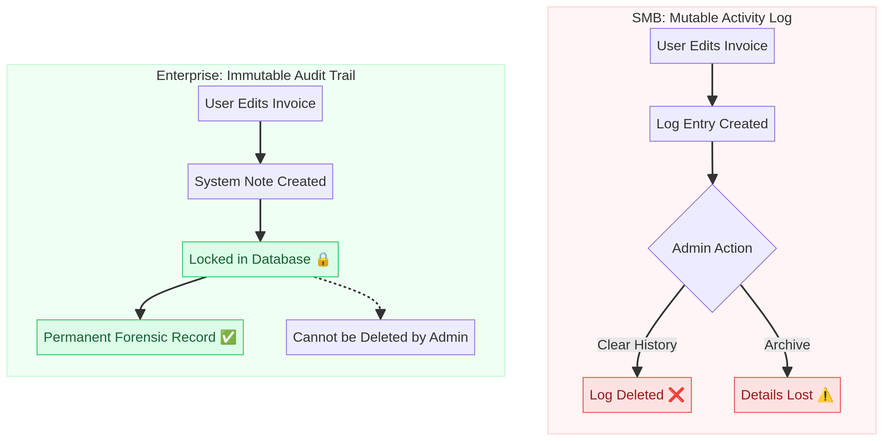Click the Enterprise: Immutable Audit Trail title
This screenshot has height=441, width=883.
(256, 75)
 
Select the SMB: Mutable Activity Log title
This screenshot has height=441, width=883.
(711, 18)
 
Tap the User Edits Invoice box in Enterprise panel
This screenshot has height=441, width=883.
(260, 103)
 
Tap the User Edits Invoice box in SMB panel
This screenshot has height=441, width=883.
(712, 46)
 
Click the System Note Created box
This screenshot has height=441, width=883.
(260, 181)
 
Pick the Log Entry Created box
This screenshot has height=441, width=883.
(712, 124)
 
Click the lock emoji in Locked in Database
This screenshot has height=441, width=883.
(323, 260)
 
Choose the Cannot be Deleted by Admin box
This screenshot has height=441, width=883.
(380, 337)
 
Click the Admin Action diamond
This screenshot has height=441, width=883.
(712, 248)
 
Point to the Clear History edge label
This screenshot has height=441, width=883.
(637, 345)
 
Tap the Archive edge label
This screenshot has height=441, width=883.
(787, 345)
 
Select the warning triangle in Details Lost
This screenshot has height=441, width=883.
(825, 395)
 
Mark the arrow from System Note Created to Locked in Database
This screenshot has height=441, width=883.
(260, 219)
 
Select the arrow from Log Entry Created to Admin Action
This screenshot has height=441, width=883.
(712, 161)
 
